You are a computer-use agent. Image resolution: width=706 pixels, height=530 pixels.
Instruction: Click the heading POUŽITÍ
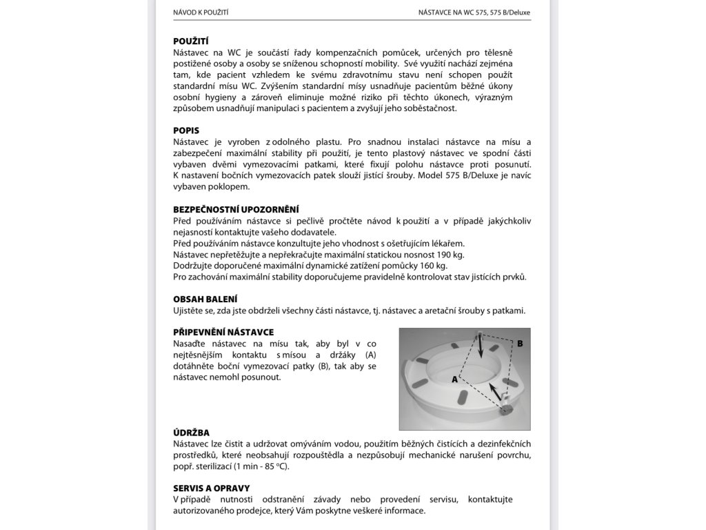(x=191, y=41)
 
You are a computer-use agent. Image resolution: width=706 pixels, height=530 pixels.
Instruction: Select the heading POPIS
(x=186, y=130)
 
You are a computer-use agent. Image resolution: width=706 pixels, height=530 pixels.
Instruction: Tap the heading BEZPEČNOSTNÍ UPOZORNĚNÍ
(x=236, y=209)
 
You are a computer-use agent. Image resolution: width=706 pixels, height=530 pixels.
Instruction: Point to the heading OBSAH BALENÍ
(x=205, y=299)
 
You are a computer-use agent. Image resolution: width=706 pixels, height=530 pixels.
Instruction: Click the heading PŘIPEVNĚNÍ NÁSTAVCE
(x=223, y=332)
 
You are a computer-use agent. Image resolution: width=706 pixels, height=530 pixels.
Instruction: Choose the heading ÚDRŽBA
(x=192, y=432)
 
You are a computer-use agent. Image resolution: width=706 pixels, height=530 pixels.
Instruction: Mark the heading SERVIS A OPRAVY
(x=212, y=488)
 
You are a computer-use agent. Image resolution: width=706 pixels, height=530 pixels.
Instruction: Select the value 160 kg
(x=433, y=266)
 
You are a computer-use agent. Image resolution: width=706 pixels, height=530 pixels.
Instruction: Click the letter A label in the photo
(x=455, y=380)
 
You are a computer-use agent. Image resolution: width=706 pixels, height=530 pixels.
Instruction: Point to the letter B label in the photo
(x=521, y=343)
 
